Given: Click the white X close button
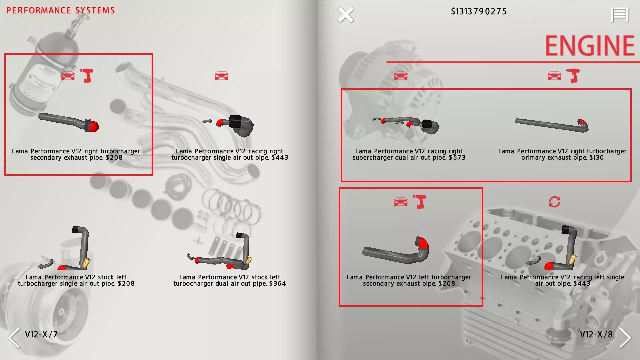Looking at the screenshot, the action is coord(346,15).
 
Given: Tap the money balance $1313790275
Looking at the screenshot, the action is coord(478,12).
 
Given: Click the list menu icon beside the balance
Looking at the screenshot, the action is coord(620,15).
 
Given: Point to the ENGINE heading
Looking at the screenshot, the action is coord(589,46).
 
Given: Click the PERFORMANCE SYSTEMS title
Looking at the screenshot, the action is coord(60,10).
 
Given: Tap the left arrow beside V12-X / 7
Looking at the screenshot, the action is coord(14,338).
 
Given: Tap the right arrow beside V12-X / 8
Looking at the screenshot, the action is coord(625,338).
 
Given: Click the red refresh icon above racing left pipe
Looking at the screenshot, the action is coord(554,202).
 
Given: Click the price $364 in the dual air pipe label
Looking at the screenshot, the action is coord(278,284).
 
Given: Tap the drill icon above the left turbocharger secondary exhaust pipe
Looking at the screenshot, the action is coord(419,201).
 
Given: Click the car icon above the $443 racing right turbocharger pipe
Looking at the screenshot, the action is coord(222,76).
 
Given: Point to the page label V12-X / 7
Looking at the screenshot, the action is coord(41,334).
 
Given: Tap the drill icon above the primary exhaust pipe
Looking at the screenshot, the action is coord(573,76).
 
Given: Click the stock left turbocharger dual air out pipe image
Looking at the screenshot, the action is coord(220,251).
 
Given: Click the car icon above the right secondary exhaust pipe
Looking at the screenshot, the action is coord(68,76).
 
